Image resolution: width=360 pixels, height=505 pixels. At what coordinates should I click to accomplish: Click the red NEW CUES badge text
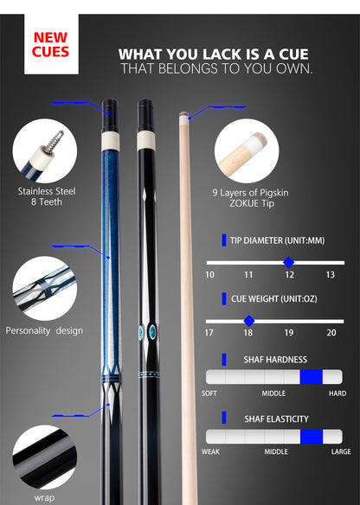point(50,44)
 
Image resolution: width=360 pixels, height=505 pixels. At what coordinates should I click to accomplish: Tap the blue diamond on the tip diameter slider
point(289,263)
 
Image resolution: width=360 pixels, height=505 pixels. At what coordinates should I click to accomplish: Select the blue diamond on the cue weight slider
point(249,321)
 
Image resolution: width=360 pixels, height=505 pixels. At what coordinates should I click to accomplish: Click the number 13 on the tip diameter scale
point(330,275)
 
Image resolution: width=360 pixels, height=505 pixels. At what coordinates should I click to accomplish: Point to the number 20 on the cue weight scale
point(331,333)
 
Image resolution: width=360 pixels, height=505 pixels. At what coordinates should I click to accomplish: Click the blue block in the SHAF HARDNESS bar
point(311,377)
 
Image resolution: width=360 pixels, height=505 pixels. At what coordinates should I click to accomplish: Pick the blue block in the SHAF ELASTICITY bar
point(312,437)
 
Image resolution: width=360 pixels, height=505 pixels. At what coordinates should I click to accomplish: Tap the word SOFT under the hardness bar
point(209,393)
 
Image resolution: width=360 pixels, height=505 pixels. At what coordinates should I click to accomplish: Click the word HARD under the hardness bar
point(337,393)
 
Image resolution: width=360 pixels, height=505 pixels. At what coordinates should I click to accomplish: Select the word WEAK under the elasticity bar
point(210,451)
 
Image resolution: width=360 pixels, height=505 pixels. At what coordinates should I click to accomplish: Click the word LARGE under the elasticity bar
point(341,451)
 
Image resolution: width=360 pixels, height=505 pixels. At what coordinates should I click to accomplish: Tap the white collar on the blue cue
point(111,141)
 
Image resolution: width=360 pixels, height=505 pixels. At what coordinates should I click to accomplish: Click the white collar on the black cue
point(146,140)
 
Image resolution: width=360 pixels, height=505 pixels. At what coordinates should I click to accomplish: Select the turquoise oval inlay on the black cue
point(151,332)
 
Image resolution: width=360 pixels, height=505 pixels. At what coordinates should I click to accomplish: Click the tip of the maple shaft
point(183,113)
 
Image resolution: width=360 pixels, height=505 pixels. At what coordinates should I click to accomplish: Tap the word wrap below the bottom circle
point(44,497)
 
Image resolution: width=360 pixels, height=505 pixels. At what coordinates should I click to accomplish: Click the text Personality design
point(44,331)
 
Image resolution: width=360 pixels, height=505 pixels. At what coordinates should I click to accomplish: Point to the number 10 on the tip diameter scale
point(209,275)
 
